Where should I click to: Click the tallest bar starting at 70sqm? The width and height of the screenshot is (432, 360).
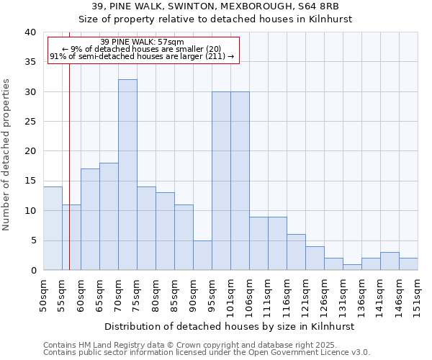click(x=127, y=175)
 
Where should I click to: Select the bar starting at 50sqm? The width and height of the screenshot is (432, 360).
click(x=53, y=228)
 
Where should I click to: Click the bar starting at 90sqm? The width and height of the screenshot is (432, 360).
click(x=202, y=255)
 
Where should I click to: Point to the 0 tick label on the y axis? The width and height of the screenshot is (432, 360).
click(x=32, y=271)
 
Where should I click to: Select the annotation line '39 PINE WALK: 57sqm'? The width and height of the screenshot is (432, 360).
click(x=142, y=42)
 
